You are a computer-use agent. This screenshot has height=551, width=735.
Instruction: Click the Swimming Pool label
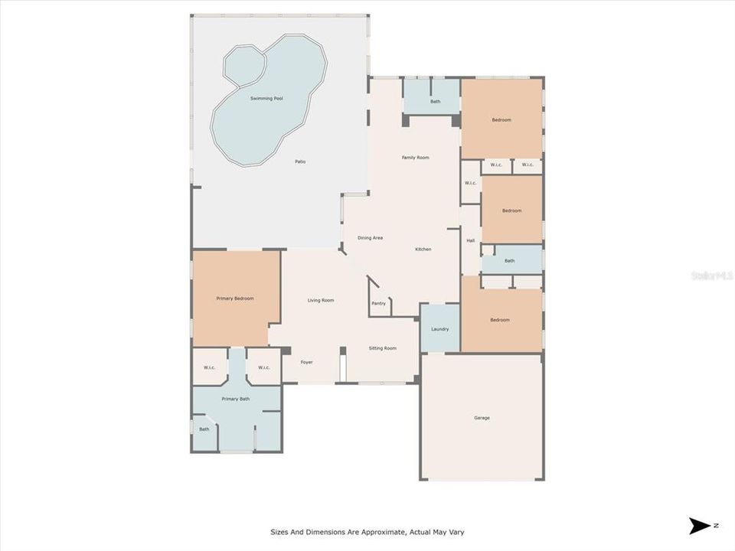click(266, 99)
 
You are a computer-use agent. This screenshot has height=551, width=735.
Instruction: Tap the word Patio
click(301, 161)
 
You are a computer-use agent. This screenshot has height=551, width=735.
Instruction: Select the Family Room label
click(416, 158)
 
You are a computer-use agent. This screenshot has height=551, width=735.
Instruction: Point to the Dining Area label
click(370, 238)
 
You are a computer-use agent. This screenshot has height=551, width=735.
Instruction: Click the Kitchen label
click(423, 249)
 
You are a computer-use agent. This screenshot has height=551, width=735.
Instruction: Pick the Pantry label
click(379, 303)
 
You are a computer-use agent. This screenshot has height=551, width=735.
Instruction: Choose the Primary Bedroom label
click(235, 298)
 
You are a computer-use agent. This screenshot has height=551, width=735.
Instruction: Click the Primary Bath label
click(236, 399)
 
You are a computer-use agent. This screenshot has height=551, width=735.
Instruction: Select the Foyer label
click(306, 362)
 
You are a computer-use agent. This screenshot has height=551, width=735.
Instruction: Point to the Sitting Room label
click(383, 348)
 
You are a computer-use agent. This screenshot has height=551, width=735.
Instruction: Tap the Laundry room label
click(439, 329)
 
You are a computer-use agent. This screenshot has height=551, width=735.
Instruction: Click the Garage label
click(482, 418)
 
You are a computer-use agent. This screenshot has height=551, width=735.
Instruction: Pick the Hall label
click(471, 241)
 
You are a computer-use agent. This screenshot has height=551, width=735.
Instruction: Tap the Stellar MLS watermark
click(711, 275)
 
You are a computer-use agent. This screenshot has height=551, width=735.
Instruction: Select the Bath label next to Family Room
click(435, 101)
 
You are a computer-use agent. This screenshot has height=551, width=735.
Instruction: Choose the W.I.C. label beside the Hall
click(470, 183)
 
